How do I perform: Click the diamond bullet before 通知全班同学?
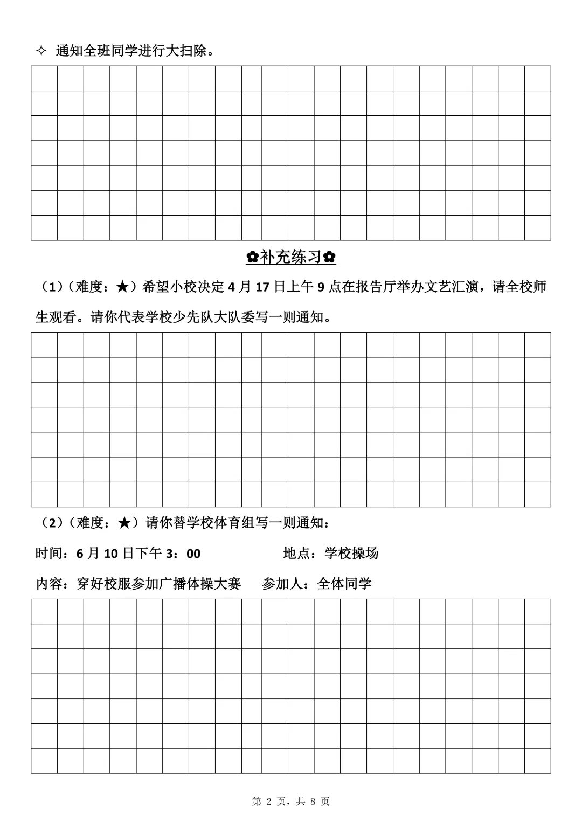point(40,51)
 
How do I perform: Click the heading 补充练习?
point(291,257)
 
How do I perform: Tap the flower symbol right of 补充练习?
point(330,258)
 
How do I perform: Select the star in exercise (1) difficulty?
point(122,287)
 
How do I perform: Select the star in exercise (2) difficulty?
point(123,522)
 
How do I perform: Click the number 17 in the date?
point(262,287)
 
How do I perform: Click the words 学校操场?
point(351,553)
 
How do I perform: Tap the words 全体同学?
point(344,584)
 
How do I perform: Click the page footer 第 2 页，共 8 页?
point(291,801)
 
